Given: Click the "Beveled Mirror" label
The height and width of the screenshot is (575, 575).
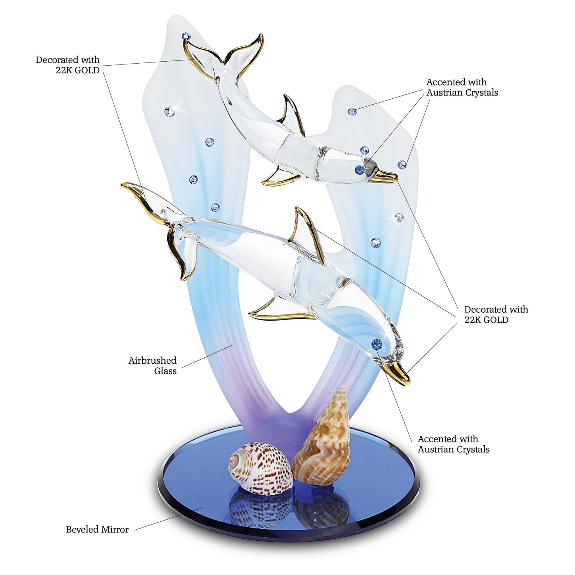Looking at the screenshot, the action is pos(97,530).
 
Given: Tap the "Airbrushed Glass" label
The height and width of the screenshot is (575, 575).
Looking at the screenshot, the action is pos(152,366).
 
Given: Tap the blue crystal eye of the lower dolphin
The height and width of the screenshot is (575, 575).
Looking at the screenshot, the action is pos(376,343).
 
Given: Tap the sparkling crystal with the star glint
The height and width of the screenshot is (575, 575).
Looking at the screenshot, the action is pos(170,112).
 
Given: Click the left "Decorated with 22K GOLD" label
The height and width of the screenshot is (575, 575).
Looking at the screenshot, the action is pos(68,65).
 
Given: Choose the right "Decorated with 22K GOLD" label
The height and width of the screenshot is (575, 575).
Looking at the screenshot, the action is pos(496,314).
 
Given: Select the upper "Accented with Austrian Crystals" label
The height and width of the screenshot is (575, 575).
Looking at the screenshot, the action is pos(462,87).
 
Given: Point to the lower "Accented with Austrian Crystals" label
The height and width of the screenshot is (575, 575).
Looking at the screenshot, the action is pos(454,444).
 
